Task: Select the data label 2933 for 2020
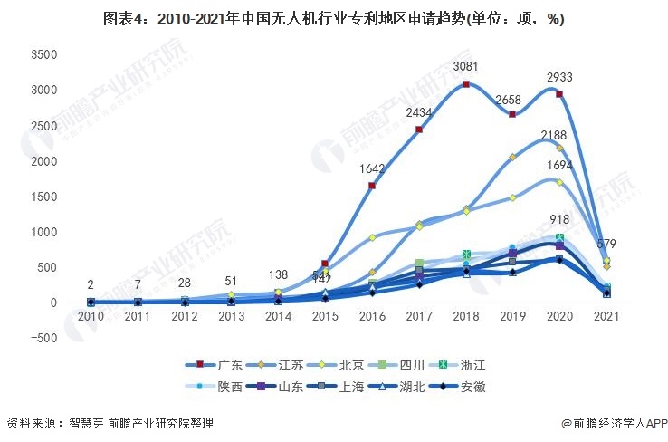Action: point(558,77)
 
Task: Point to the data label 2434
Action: point(418,111)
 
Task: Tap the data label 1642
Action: point(371,168)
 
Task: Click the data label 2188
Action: point(553,135)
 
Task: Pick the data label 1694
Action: point(558,166)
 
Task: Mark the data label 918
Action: point(559,220)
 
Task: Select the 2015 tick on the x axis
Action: point(325,316)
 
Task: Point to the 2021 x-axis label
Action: point(606,316)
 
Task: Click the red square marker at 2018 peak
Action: point(465,84)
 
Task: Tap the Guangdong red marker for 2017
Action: point(418,130)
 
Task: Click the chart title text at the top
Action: point(334,17)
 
